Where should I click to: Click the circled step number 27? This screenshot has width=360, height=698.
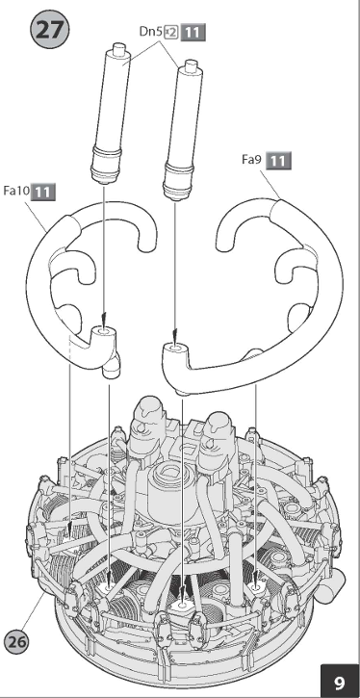tap(50, 30)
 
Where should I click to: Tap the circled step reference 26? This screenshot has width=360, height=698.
tap(17, 641)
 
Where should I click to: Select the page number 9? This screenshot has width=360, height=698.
tap(340, 682)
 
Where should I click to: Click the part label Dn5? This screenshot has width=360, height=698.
tap(151, 32)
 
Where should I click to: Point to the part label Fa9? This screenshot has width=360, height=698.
tap(252, 160)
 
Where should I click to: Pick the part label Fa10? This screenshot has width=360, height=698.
tap(16, 191)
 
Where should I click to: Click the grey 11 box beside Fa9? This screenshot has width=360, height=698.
tap(278, 160)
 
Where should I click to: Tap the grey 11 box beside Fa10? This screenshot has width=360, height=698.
tap(43, 192)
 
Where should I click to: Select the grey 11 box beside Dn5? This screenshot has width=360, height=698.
tap(193, 33)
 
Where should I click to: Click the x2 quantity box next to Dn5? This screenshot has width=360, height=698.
tap(171, 32)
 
